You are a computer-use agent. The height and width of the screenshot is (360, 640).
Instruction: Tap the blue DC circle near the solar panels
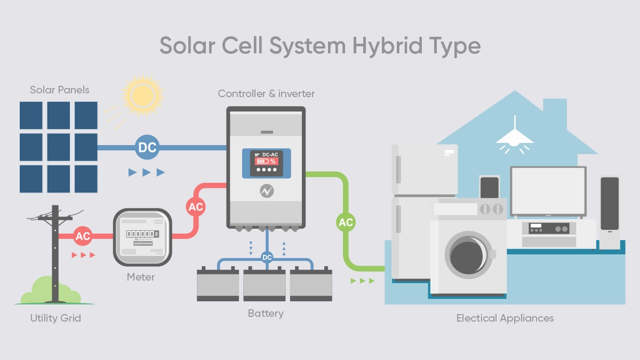coord(147,147)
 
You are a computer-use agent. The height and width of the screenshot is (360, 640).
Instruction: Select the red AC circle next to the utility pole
coord(83,236)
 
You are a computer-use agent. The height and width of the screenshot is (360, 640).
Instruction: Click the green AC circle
coord(346,222)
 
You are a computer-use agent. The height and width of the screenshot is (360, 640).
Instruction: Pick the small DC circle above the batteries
coord(267,258)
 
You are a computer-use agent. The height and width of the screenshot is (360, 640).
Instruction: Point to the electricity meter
coord(142,237)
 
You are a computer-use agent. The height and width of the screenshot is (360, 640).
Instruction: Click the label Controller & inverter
coord(266,94)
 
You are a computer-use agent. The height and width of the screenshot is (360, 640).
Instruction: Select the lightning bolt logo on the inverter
coord(267,190)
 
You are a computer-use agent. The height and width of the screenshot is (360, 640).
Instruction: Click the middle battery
coord(265,285)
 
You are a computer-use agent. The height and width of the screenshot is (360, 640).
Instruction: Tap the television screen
coord(548,190)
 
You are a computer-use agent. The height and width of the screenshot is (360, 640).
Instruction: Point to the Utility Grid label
coord(55,318)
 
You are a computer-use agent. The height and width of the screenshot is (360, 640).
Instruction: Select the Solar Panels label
coord(59,90)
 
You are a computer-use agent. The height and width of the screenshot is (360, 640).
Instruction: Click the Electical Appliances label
coord(505,318)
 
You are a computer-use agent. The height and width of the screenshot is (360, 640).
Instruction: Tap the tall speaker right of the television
coord(610,210)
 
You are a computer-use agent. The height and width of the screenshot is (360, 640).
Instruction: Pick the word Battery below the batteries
coord(266,313)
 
